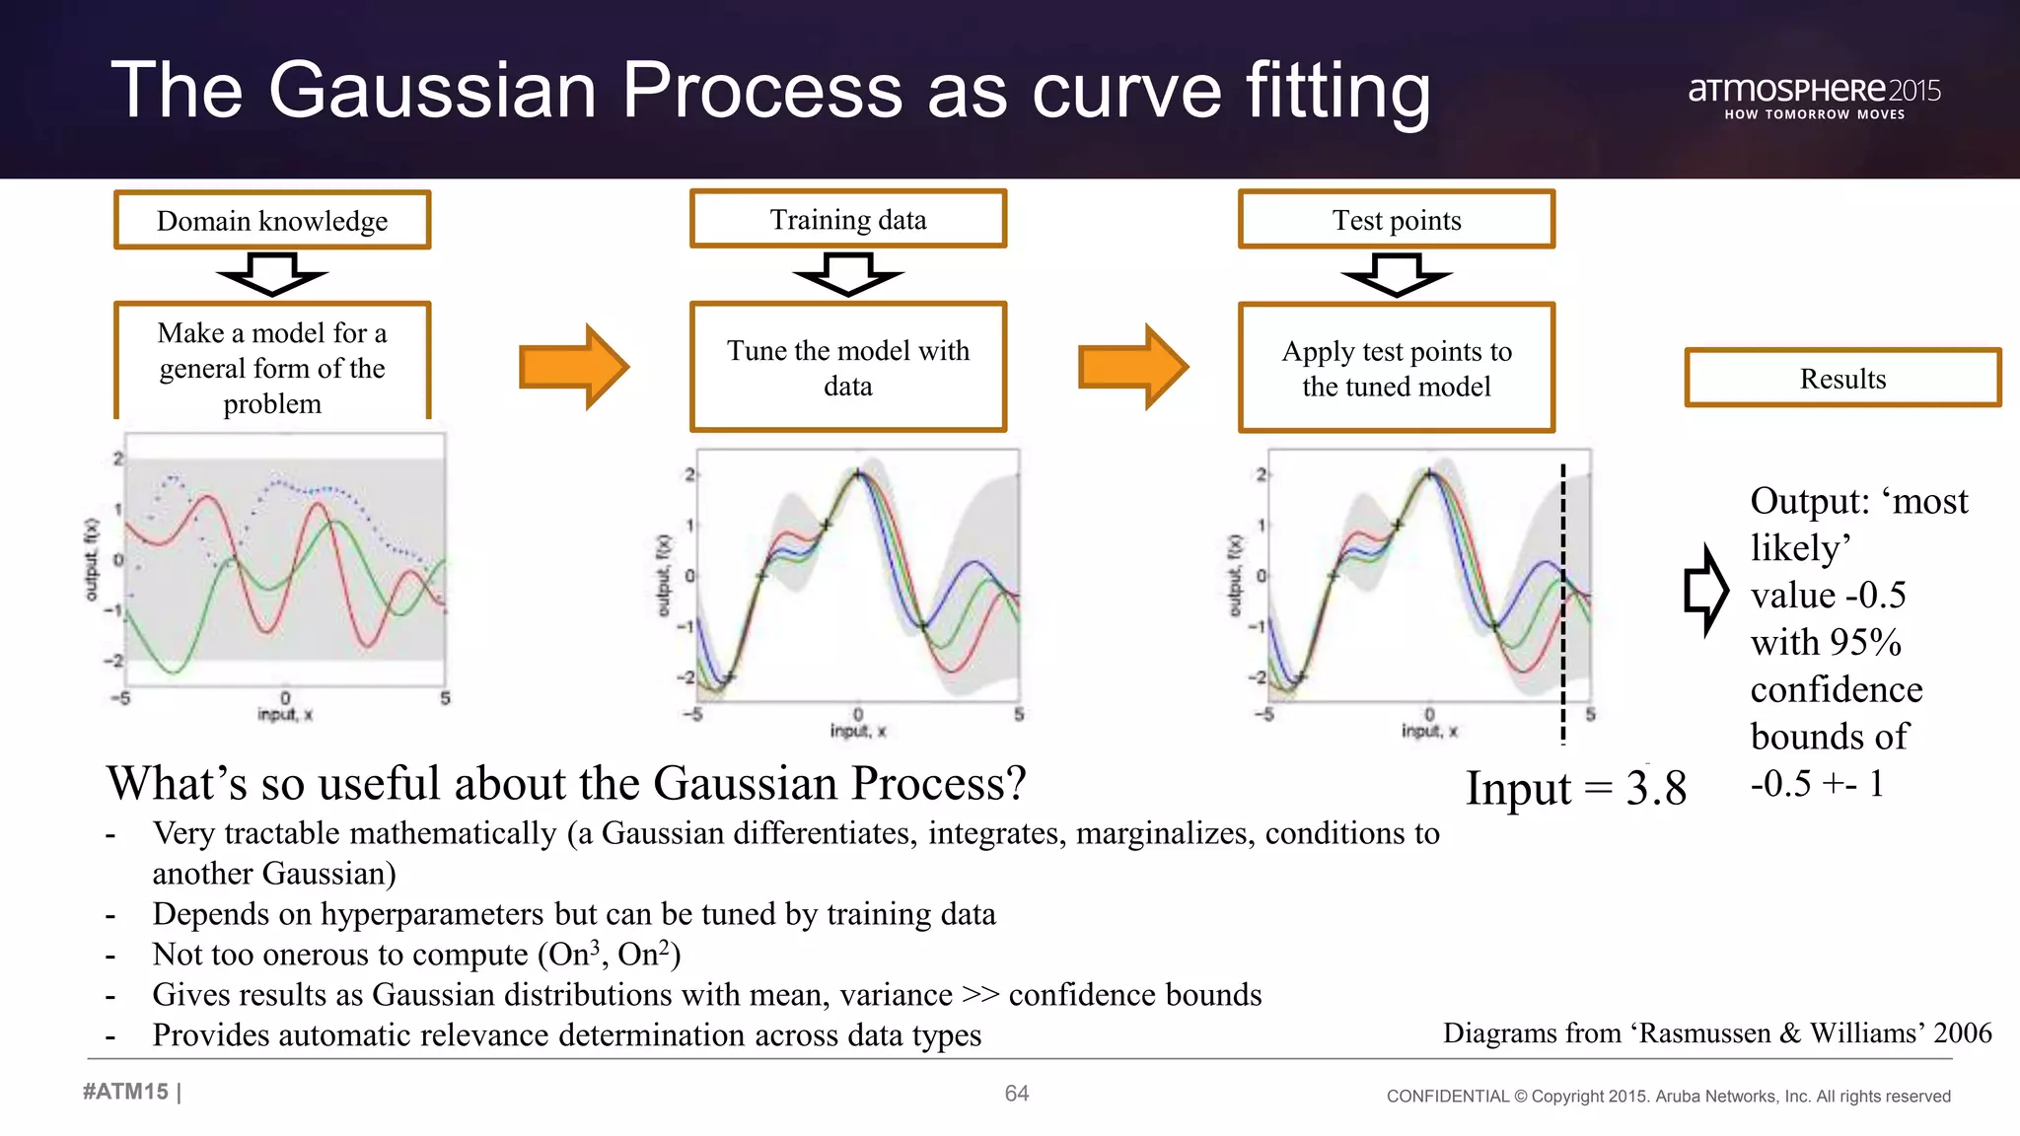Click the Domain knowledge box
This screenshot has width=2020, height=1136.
pos(272,220)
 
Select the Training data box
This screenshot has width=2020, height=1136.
pos(848,219)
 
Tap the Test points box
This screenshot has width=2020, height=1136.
pos(1397,220)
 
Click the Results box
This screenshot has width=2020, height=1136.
pos(1842,378)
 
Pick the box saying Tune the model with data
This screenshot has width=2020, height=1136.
pos(848,368)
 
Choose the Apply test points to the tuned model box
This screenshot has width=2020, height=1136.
pos(1397,368)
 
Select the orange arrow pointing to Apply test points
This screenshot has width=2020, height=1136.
pos(1133,367)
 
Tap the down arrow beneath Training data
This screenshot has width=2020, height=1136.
pos(848,274)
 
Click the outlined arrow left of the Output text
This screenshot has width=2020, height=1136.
pos(1705,590)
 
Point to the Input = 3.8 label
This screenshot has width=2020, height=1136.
pos(1575,788)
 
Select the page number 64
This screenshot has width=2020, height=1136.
pos(1016,1093)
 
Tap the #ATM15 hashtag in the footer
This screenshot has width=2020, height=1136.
pos(126,1092)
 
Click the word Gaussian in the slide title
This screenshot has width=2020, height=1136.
pos(433,91)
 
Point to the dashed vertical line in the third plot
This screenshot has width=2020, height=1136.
pos(1563,602)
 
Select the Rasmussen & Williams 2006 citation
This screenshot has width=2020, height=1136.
pos(1717,1032)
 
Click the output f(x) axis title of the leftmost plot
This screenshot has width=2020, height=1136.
pos(92,559)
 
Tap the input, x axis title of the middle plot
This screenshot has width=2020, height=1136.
pos(857,731)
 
